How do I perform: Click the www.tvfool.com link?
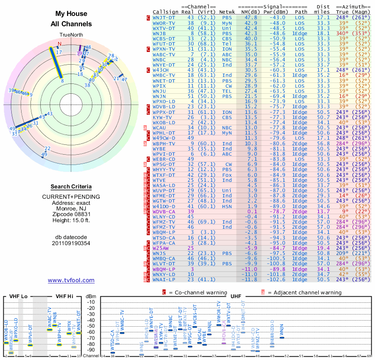tap(71, 280)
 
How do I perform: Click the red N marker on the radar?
tap(60, 44)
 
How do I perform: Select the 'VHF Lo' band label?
tap(18, 296)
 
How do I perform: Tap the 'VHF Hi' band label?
tap(65, 296)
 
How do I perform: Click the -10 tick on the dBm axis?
tap(90, 302)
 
